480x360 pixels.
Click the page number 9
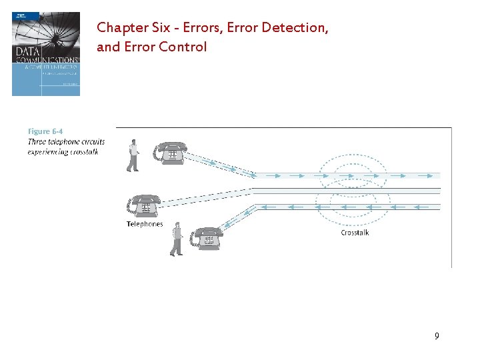pos(437,336)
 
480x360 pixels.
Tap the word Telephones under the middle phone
pos(145,224)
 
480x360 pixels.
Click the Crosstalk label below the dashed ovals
pos(355,233)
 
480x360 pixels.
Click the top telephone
pos(172,153)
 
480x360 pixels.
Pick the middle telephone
pos(145,205)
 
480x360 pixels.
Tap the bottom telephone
pos(207,237)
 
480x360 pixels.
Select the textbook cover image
pos(46,54)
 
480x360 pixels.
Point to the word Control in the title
pos(187,47)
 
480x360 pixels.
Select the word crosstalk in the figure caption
pos(82,152)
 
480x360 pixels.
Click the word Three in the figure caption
pos(37,142)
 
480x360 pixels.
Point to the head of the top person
pos(134,142)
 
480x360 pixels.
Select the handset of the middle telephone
pos(145,199)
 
